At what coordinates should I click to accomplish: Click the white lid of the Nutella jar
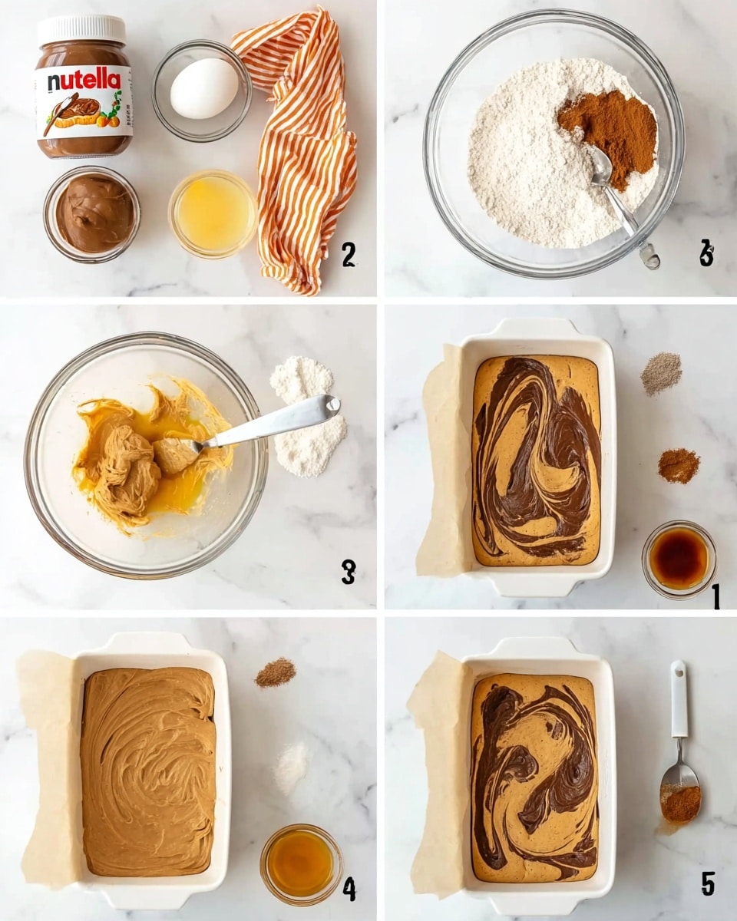(81, 29)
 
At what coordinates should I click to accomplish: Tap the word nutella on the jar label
(84, 81)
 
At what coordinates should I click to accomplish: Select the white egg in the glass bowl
(203, 88)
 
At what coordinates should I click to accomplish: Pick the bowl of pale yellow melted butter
(213, 213)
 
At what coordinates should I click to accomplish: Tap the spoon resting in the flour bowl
(614, 192)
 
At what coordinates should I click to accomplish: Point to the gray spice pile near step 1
(661, 373)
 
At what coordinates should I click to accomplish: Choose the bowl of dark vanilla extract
(679, 559)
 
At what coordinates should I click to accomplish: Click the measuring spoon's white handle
(679, 698)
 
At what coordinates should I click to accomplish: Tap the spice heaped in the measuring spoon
(680, 802)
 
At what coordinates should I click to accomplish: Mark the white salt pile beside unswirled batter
(292, 767)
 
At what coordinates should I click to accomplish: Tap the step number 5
(707, 883)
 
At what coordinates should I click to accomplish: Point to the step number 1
(716, 595)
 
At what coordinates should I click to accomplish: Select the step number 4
(349, 889)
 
